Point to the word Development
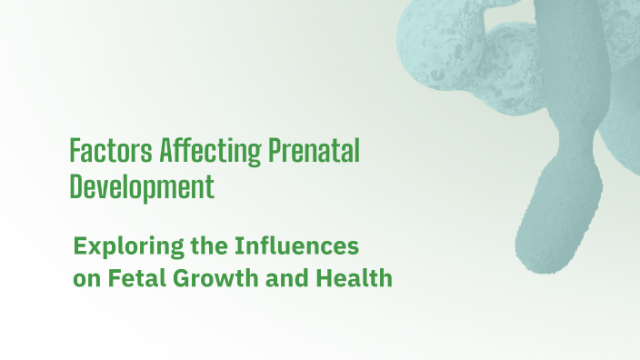pos(142,187)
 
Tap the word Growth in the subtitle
pos(211,278)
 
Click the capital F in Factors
pos(75,151)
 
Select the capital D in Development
pos(76,186)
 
